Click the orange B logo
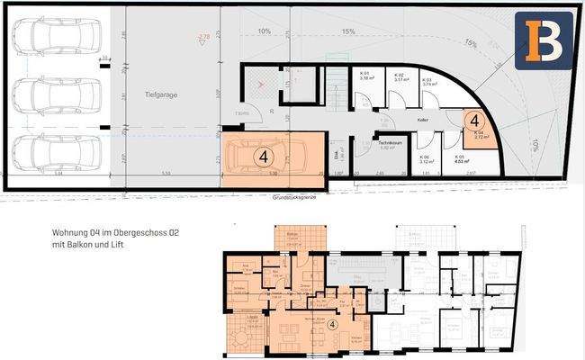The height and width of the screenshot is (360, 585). coord(544,41)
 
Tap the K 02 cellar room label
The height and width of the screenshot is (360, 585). coord(400,76)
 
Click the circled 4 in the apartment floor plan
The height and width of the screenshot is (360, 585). coord(333,325)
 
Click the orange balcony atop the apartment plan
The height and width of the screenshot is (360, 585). coord(292,238)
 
